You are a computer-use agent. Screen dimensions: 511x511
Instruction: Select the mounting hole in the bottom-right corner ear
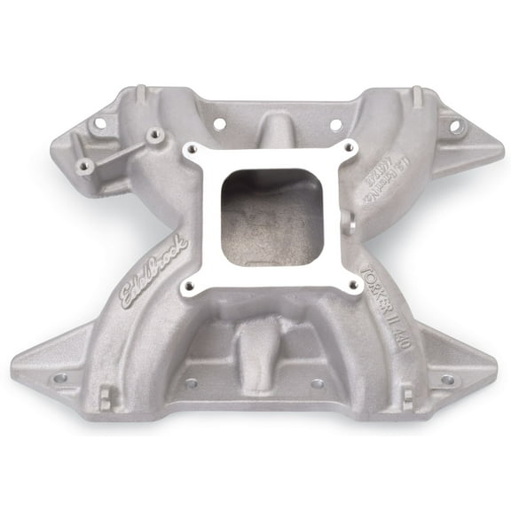coord(447,379)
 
